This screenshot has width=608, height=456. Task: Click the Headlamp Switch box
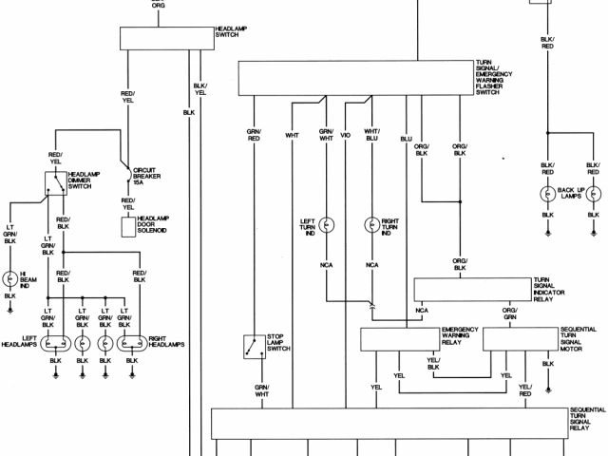click(167, 38)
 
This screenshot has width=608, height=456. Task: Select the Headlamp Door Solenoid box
click(129, 227)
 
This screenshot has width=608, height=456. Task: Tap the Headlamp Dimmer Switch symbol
click(55, 186)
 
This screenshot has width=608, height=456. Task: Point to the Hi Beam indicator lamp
click(10, 278)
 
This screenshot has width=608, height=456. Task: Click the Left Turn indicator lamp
click(326, 225)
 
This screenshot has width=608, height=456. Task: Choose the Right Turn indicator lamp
click(371, 225)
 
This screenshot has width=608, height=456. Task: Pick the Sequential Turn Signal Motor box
click(520, 338)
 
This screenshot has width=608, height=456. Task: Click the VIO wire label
click(346, 134)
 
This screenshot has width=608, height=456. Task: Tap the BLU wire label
click(406, 140)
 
